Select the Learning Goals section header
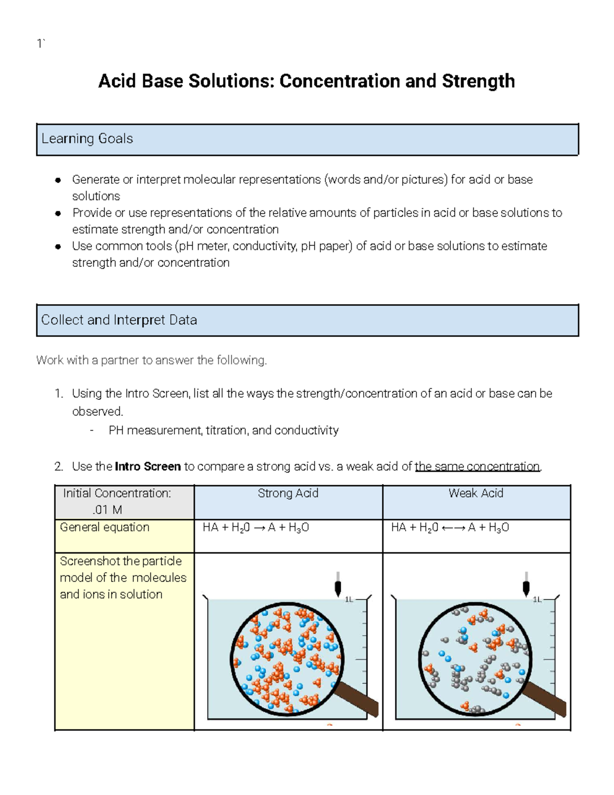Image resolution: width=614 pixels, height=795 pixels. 87,139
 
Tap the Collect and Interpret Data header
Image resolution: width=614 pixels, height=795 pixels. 119,320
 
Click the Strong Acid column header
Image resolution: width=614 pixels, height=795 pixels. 288,493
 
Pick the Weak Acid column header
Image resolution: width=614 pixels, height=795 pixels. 476,493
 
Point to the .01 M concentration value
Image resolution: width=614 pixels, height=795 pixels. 107,510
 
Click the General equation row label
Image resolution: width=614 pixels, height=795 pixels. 104,527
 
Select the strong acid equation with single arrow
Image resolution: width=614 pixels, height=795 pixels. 256,528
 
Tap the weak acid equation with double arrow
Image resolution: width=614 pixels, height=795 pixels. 450,528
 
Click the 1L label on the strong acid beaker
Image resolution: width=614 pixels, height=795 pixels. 349,599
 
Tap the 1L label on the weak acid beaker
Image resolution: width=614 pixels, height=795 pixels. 537,599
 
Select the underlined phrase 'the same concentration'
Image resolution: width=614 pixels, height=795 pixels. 477,466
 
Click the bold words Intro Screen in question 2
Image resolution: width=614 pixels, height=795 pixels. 148,466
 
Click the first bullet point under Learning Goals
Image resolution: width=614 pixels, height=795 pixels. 58,180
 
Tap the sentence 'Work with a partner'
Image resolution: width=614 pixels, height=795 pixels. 151,360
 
